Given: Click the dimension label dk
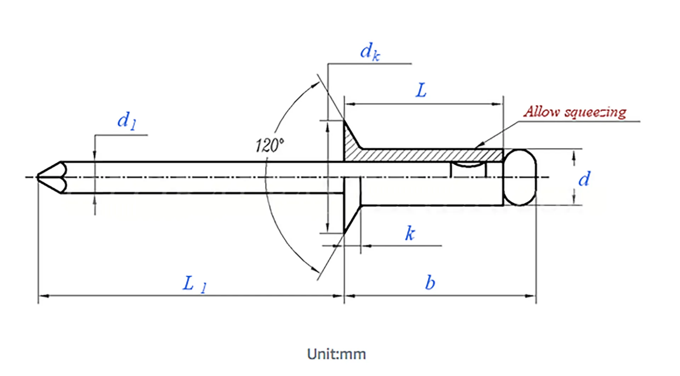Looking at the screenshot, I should click(x=370, y=52).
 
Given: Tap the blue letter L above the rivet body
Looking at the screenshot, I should click(x=421, y=91).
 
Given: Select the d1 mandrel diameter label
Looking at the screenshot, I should click(x=126, y=121).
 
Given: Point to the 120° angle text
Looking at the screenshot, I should click(x=270, y=145).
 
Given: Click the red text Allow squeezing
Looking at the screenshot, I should click(x=575, y=112).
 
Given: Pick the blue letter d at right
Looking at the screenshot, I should click(x=584, y=179).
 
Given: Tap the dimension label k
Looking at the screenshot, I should click(x=410, y=234).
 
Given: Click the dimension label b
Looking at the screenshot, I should click(x=430, y=283).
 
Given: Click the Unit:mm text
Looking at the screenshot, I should click(x=336, y=354).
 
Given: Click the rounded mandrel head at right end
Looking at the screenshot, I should click(x=520, y=177).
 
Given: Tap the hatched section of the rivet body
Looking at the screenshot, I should click(x=425, y=155).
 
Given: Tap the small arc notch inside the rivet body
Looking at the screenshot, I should click(x=468, y=165).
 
